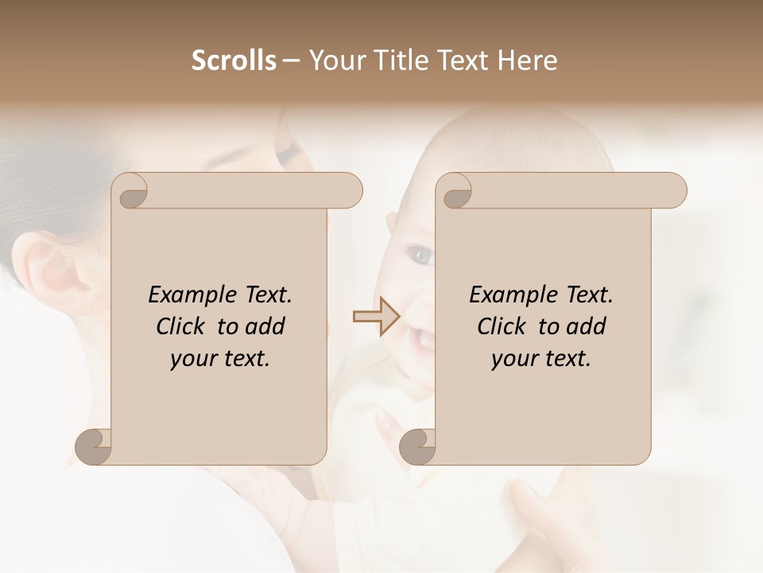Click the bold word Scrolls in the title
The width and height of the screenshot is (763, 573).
pyautogui.click(x=234, y=60)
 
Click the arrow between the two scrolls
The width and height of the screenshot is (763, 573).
pyautogui.click(x=376, y=317)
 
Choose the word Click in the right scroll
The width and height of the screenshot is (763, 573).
pyautogui.click(x=502, y=326)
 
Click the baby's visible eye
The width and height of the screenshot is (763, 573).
pyautogui.click(x=420, y=256)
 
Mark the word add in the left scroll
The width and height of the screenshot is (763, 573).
pyautogui.click(x=265, y=326)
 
